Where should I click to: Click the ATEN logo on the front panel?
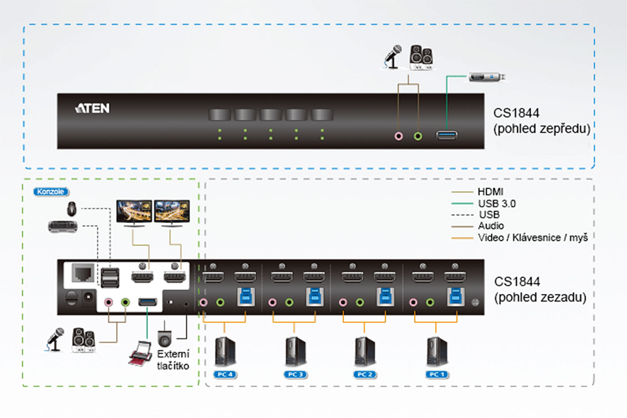pyautogui.click(x=92, y=108)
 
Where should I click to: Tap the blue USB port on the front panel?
pyautogui.click(x=447, y=134)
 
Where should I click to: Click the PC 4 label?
pyautogui.click(x=225, y=375)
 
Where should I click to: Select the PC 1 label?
pyautogui.click(x=437, y=375)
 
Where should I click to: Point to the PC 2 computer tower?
pyautogui.click(x=365, y=352)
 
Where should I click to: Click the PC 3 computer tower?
pyautogui.click(x=296, y=352)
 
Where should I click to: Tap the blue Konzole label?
pyautogui.click(x=51, y=192)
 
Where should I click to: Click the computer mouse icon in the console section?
pyautogui.click(x=71, y=208)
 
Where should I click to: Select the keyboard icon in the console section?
pyautogui.click(x=63, y=226)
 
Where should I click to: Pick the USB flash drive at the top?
pyautogui.click(x=487, y=77)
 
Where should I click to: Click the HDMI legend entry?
pyautogui.click(x=490, y=192)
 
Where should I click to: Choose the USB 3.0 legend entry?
pyautogui.click(x=497, y=204)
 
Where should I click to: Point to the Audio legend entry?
pyautogui.click(x=491, y=226)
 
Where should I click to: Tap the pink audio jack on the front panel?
pyautogui.click(x=399, y=136)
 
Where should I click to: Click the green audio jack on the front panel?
pyautogui.click(x=418, y=136)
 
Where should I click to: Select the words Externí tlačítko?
pyautogui.click(x=173, y=360)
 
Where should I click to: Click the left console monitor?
pyautogui.click(x=134, y=212)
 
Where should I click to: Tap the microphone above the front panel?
pyautogui.click(x=393, y=57)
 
